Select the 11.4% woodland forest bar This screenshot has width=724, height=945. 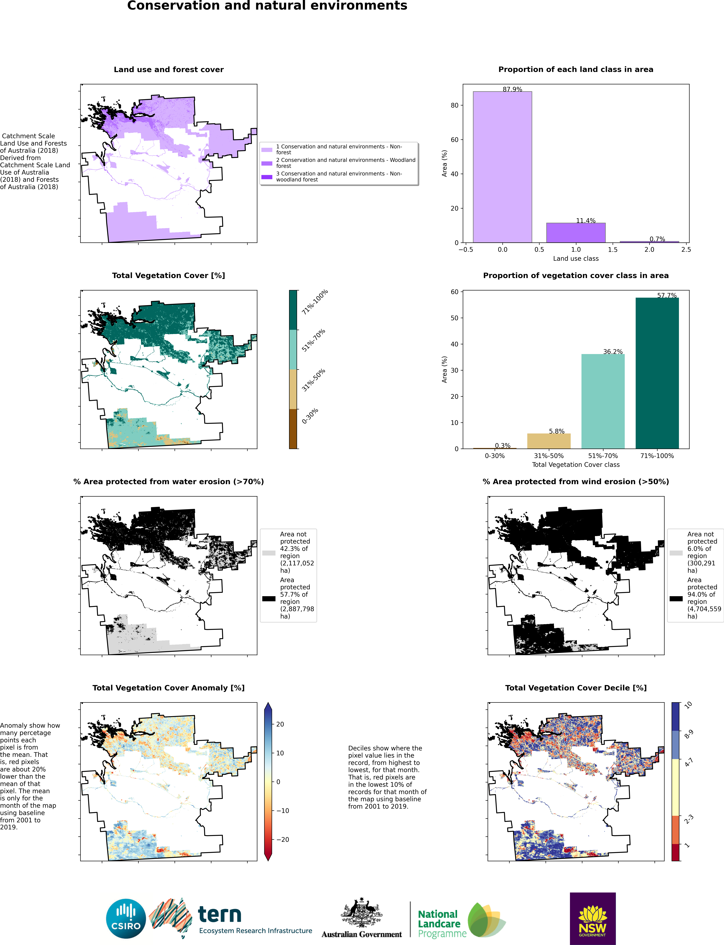coord(576,232)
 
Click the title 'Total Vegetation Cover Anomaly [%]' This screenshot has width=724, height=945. coord(169,688)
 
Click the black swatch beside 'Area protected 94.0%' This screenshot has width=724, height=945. coord(676,598)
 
